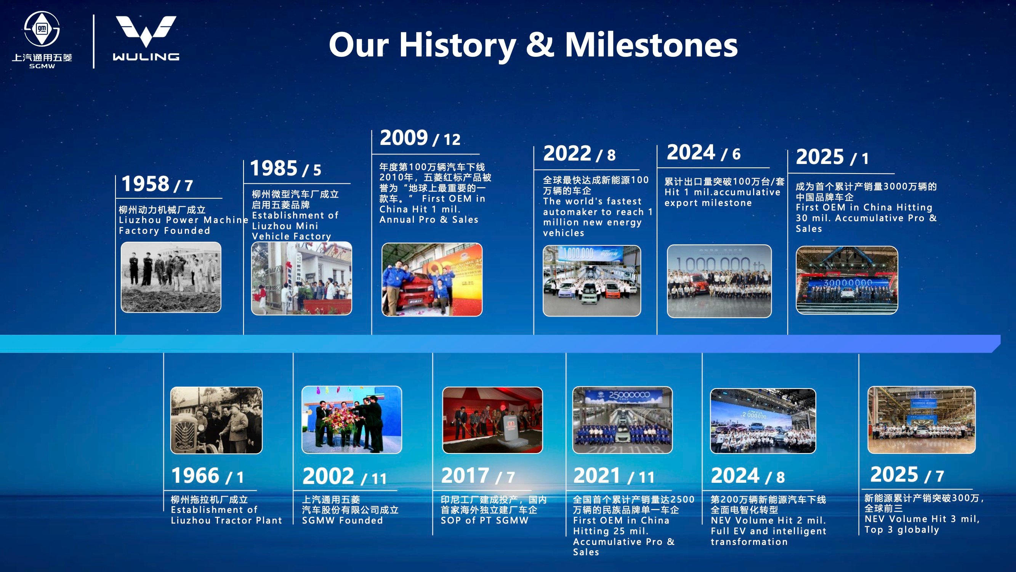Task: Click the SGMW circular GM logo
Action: click(x=42, y=29)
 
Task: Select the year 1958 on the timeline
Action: click(x=146, y=183)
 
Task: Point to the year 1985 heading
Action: click(x=274, y=168)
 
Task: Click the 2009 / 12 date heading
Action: click(x=420, y=138)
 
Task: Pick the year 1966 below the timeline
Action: click(x=195, y=475)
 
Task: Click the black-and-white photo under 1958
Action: click(x=171, y=277)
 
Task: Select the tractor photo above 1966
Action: click(x=216, y=420)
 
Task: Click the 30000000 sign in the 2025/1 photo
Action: click(x=847, y=283)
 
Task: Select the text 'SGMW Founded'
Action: click(x=342, y=520)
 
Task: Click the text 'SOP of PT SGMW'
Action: click(x=484, y=520)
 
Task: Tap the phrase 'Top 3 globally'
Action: click(x=902, y=530)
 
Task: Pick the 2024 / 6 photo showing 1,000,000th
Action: click(x=719, y=281)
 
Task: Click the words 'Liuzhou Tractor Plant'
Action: click(x=226, y=520)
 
